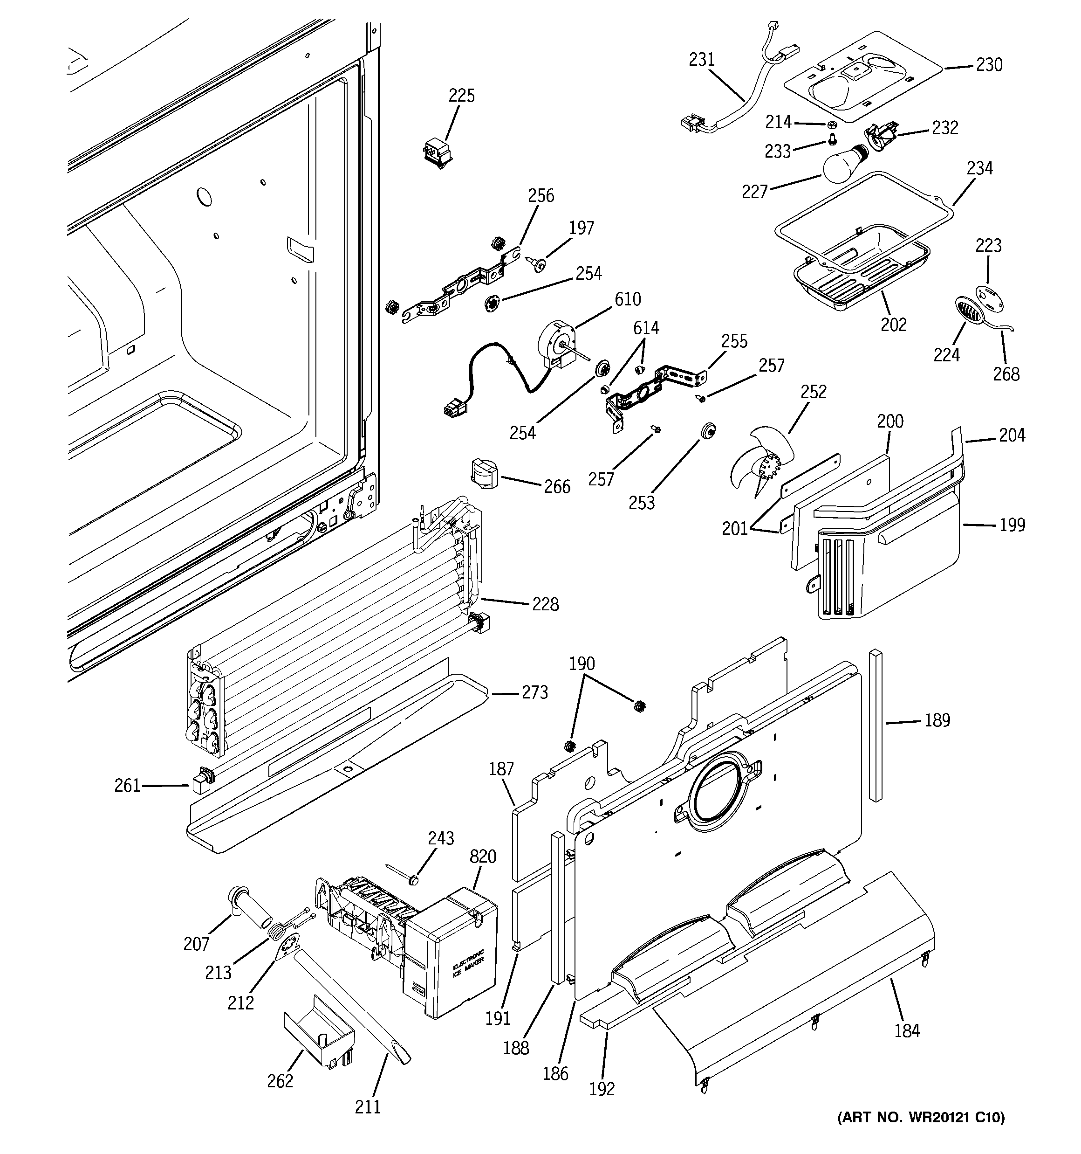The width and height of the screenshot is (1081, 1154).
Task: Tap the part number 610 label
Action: pos(628,299)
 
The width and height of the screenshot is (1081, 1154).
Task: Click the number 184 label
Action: pos(906,1030)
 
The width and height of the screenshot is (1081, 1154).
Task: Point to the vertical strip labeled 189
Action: pos(875,726)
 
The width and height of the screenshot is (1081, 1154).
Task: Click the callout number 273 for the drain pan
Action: pos(534,692)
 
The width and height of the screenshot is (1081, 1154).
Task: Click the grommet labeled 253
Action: pos(707,431)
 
